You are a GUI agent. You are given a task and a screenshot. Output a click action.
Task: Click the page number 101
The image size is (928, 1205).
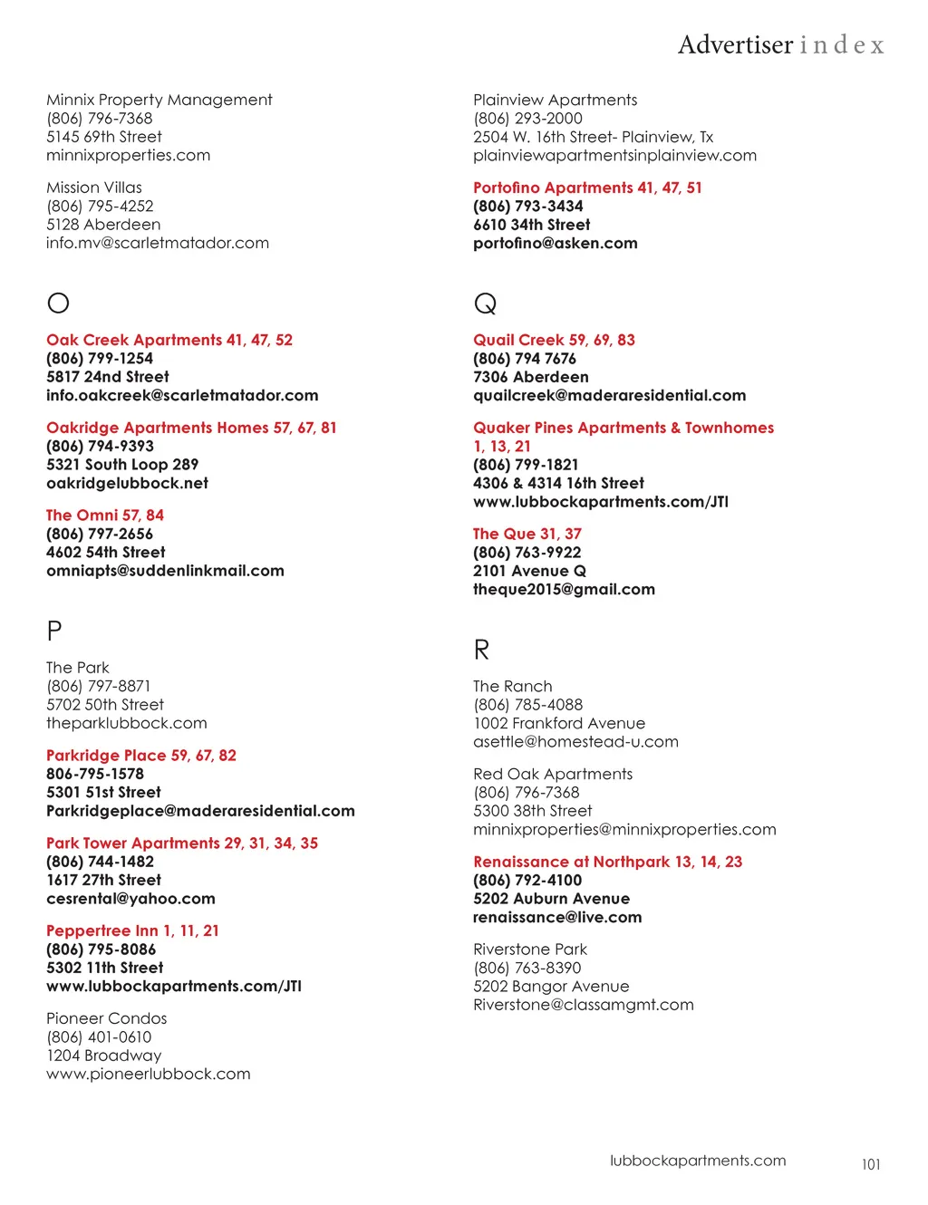tap(871, 1164)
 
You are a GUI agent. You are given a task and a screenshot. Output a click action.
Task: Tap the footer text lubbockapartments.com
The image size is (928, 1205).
tap(698, 1161)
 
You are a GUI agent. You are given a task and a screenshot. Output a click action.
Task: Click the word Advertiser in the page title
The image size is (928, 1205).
tap(735, 44)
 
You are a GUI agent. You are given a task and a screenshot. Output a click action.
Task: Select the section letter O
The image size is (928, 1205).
tap(58, 303)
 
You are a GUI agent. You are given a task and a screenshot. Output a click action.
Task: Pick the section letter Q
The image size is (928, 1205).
tap(485, 304)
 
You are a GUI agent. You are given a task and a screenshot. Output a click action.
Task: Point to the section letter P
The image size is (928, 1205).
tap(54, 631)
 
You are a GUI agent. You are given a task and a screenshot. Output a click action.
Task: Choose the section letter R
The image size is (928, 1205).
tap(481, 650)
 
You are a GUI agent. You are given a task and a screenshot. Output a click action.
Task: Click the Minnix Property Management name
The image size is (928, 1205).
tap(159, 100)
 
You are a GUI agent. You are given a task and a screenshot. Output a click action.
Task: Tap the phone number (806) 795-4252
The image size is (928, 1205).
tap(100, 206)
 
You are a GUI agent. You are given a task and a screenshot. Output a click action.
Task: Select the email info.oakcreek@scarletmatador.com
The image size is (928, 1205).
tap(182, 395)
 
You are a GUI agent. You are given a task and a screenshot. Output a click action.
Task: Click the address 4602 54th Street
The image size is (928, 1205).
tap(106, 552)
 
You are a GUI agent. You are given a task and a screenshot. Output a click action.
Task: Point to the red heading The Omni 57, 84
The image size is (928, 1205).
tap(105, 515)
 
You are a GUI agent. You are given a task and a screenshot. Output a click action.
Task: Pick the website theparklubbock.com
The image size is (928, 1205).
tap(127, 723)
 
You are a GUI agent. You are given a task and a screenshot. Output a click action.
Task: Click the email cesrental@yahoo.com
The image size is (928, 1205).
tap(130, 899)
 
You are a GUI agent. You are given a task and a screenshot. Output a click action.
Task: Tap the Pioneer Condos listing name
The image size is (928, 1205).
tap(107, 1018)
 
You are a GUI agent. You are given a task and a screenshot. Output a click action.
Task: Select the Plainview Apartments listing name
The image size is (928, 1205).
tap(555, 100)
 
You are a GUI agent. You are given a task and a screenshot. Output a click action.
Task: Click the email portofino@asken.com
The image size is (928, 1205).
tap(555, 243)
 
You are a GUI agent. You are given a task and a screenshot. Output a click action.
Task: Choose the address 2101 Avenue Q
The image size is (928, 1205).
tap(529, 571)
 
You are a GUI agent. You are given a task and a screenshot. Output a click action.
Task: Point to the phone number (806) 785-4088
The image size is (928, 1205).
tap(527, 704)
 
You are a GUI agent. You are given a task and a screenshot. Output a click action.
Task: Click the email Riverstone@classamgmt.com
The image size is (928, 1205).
tap(584, 1005)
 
